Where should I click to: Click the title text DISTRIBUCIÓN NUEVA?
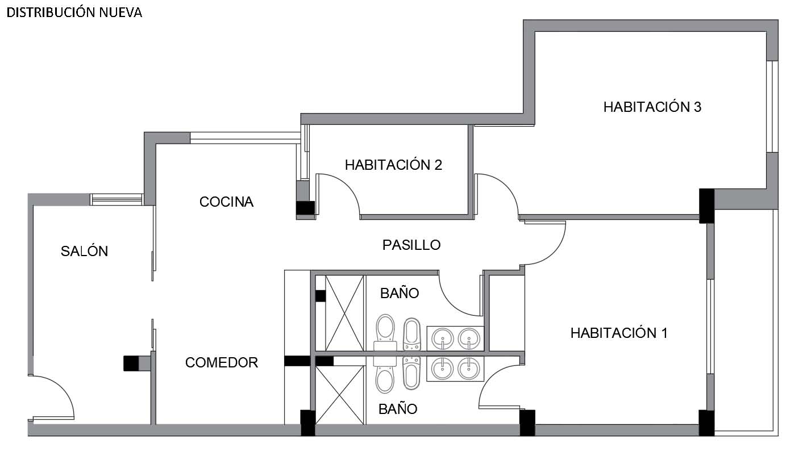[74, 12]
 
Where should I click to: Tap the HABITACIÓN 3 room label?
[652, 107]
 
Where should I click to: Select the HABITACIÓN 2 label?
[393, 165]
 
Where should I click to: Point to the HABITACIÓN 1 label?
[619, 333]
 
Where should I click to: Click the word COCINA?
[226, 202]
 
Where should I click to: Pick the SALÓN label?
[84, 251]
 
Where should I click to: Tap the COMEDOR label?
[222, 362]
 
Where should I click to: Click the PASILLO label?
[411, 245]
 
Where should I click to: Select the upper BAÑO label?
[400, 293]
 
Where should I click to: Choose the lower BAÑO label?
[398, 409]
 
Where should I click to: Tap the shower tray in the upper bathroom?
[344, 313]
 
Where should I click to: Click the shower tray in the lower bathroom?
[339, 395]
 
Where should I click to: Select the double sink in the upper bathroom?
[455, 338]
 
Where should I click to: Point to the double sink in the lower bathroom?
[455, 369]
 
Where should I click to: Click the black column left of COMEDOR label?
[131, 363]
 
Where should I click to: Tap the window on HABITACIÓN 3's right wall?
[772, 106]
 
